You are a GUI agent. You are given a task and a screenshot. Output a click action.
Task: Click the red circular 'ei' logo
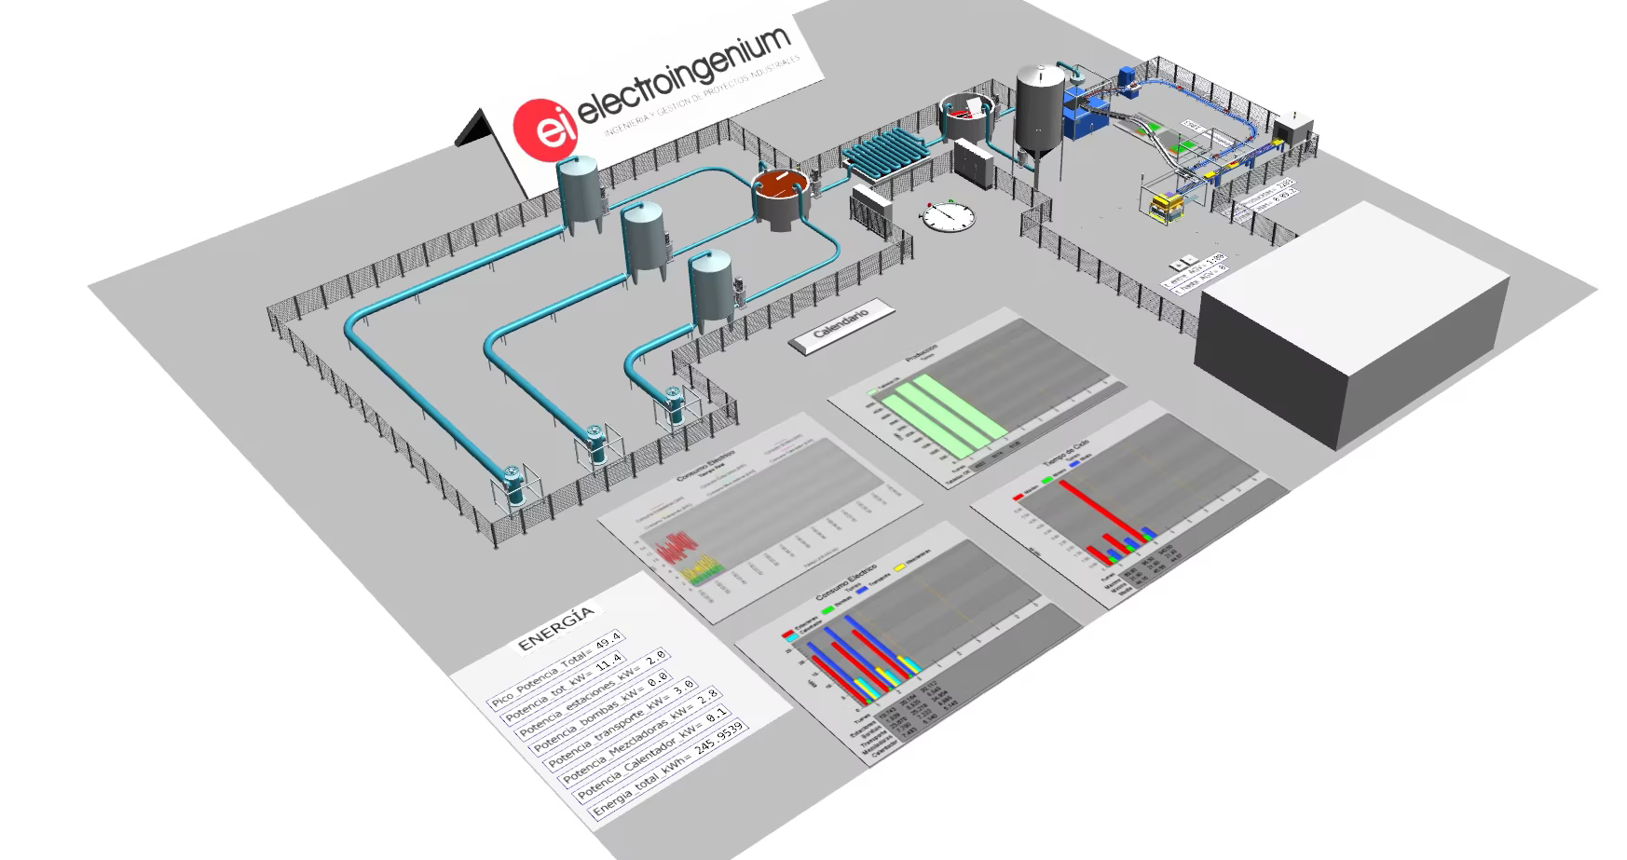click(545, 130)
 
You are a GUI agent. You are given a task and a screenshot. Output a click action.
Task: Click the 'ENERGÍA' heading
click(555, 628)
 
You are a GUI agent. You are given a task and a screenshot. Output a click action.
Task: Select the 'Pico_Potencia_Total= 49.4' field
click(557, 669)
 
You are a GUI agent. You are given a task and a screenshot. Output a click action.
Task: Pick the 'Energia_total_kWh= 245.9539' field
click(669, 771)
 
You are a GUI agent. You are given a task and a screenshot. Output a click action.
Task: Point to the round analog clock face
click(949, 216)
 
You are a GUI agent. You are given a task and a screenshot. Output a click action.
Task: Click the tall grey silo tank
click(1039, 112)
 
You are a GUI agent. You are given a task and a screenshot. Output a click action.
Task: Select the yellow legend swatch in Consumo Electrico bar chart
click(899, 567)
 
